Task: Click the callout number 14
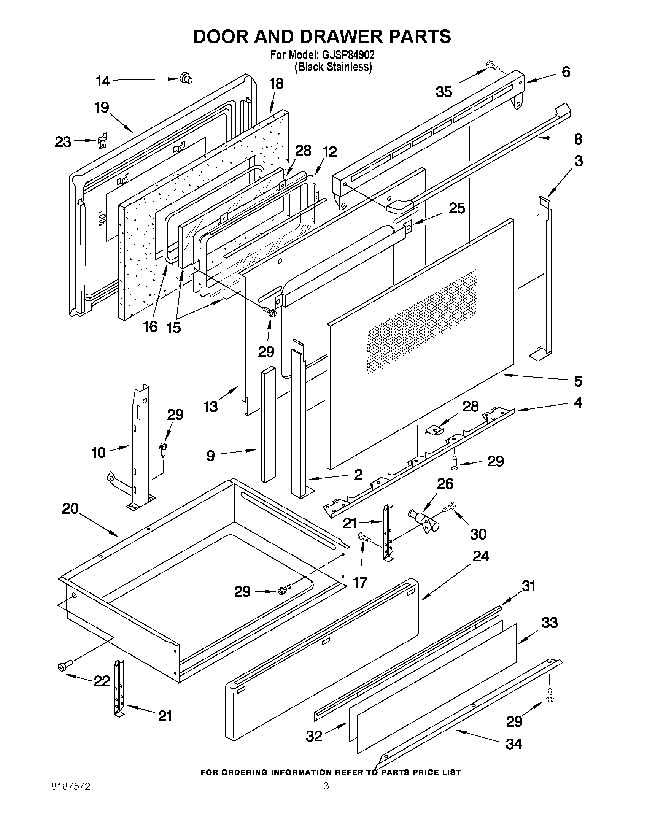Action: click(103, 81)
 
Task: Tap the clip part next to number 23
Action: click(102, 142)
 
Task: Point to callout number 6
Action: click(566, 72)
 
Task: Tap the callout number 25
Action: click(457, 208)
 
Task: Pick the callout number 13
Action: click(211, 406)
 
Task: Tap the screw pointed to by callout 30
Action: click(448, 507)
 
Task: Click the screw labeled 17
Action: click(364, 538)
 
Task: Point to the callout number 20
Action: click(70, 508)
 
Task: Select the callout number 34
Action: click(514, 744)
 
